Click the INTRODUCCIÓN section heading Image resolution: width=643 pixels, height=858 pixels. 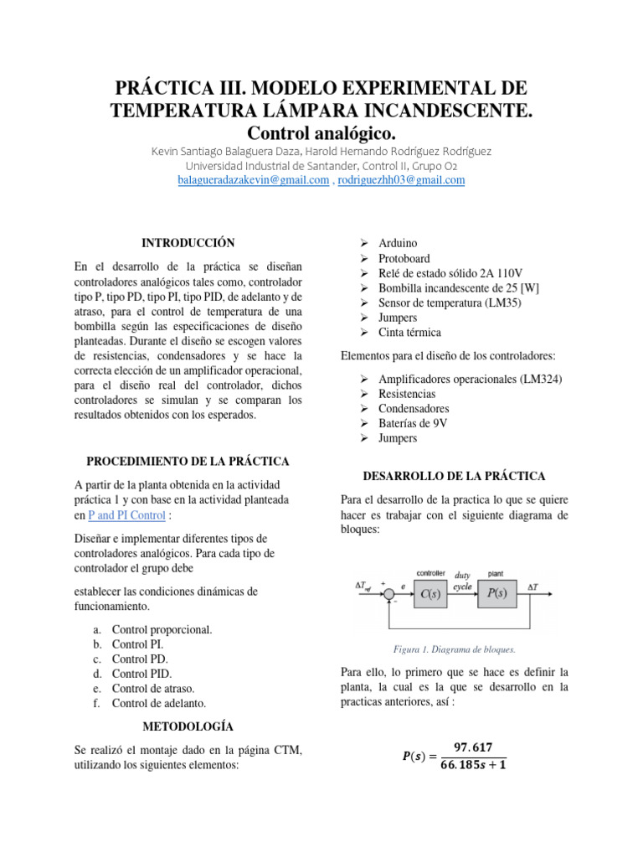[188, 242]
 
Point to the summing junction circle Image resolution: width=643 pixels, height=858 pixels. [388, 594]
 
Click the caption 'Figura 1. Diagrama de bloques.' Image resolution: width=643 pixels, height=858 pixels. [455, 649]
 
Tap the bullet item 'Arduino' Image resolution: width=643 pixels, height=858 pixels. [398, 244]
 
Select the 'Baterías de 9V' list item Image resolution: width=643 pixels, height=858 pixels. [414, 423]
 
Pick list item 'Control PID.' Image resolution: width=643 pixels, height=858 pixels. [141, 674]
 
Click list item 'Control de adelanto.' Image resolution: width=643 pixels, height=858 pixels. [158, 703]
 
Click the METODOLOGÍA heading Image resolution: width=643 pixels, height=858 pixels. [188, 726]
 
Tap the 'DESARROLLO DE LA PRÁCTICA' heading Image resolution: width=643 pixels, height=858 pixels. [454, 476]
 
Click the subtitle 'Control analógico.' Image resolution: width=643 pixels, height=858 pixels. [321, 133]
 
